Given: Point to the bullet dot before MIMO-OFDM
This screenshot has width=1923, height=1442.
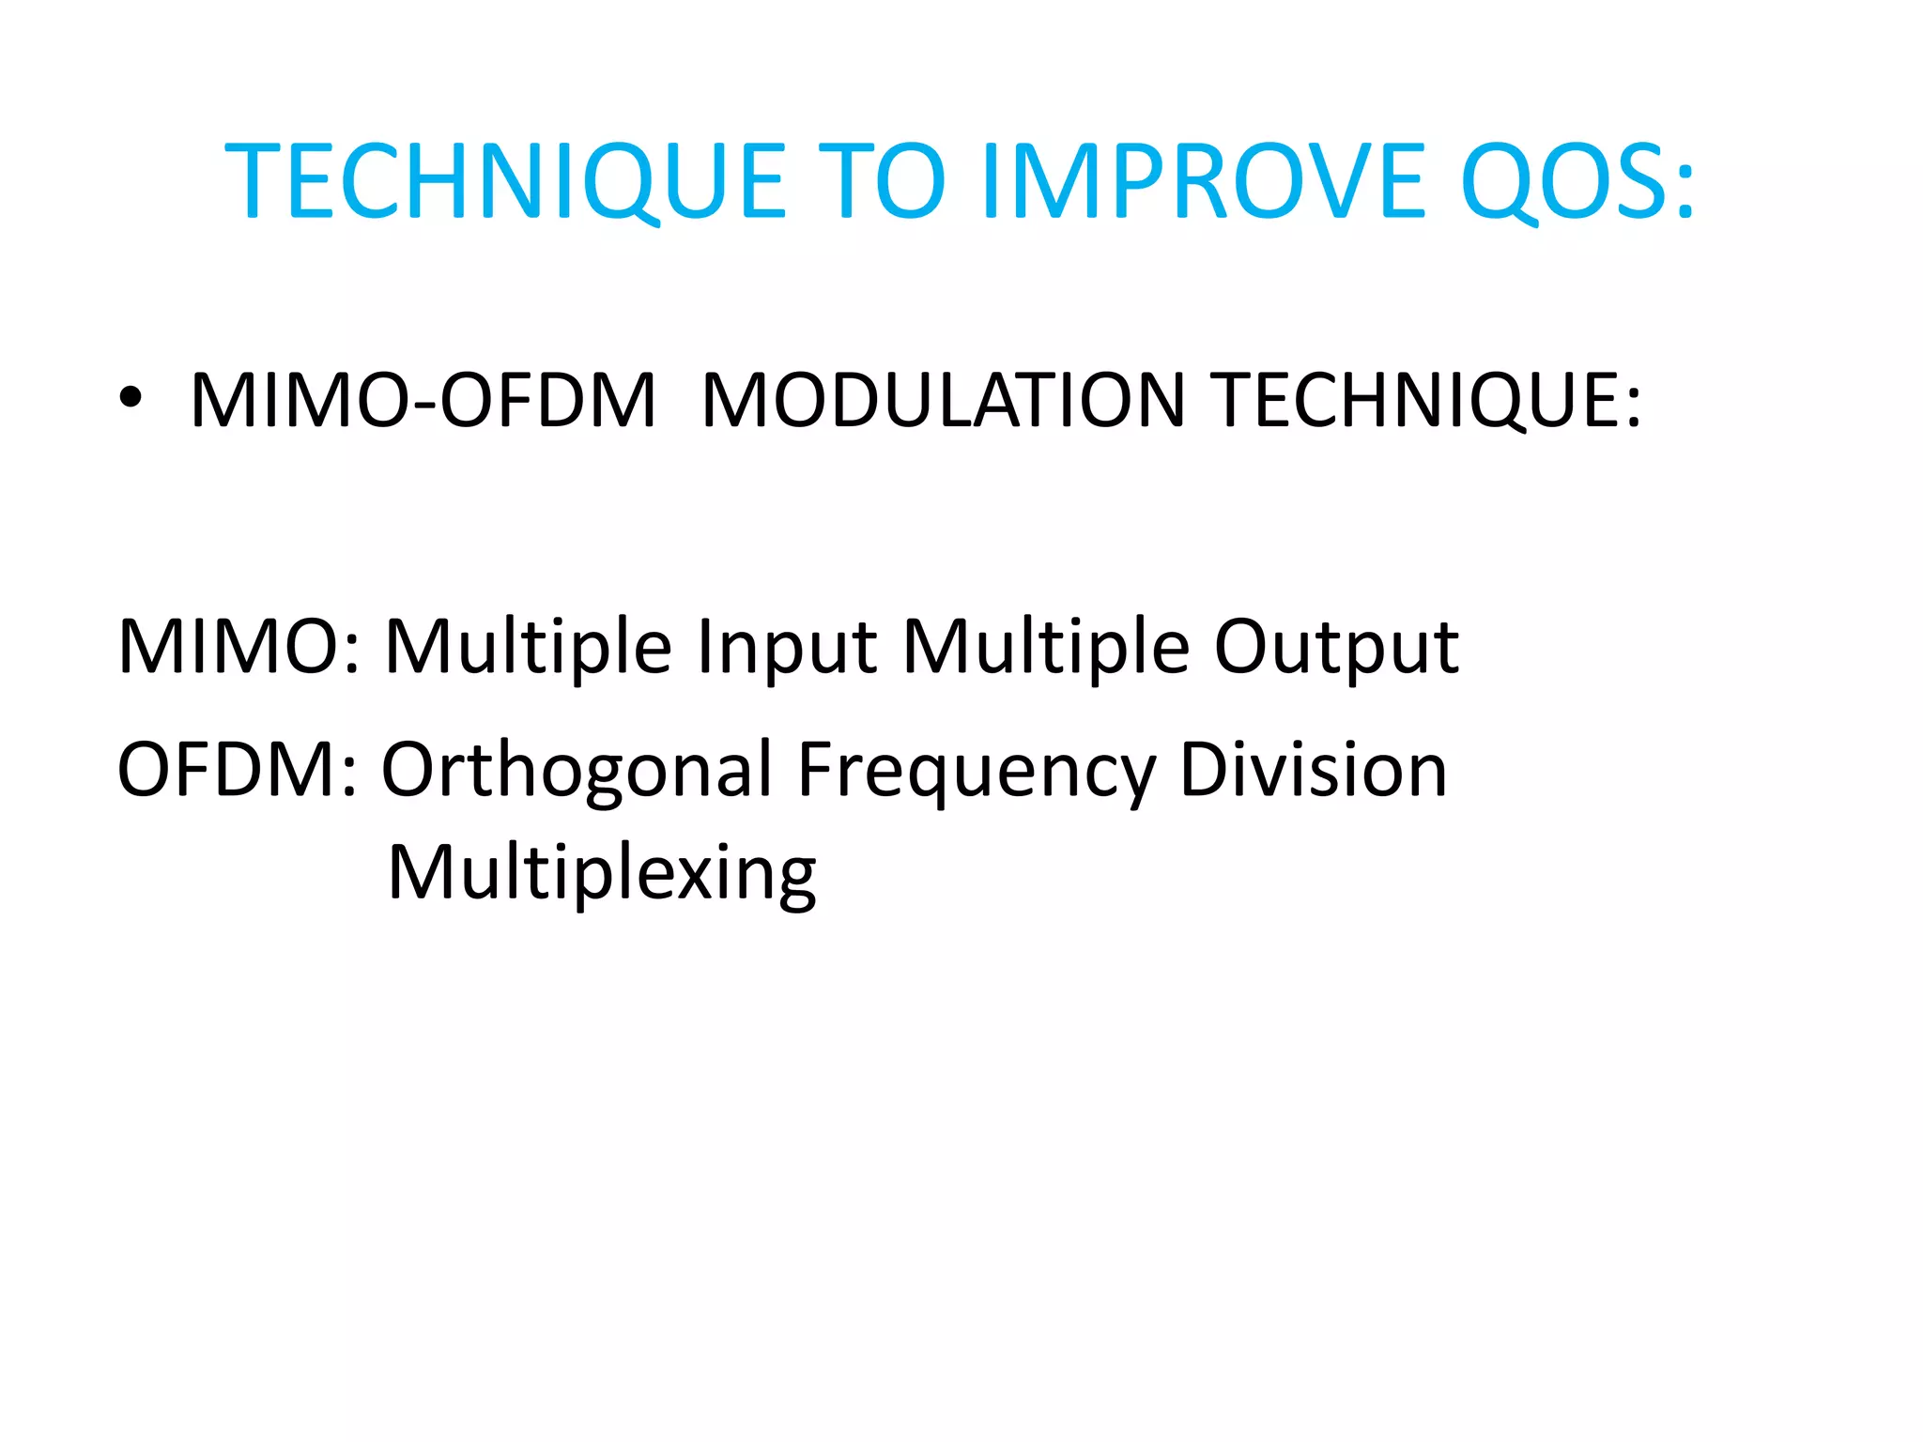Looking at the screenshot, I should (131, 398).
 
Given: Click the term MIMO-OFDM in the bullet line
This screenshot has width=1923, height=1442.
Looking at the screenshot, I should (423, 401).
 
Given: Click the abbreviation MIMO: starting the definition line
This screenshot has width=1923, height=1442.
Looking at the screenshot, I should (239, 647).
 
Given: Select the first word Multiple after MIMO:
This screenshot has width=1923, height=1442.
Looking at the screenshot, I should (529, 647).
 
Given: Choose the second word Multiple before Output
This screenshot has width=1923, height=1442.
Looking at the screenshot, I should (1046, 647).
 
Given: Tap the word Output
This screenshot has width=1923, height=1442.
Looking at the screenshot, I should (1336, 647).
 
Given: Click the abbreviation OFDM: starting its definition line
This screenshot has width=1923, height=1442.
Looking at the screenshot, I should (238, 770).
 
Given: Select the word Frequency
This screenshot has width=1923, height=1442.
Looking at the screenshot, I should (977, 770).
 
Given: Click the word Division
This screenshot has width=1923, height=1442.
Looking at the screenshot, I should (1313, 770).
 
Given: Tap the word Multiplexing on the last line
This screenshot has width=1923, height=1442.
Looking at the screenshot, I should (602, 873).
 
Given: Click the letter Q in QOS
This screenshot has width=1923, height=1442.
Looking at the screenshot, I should (1500, 182).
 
